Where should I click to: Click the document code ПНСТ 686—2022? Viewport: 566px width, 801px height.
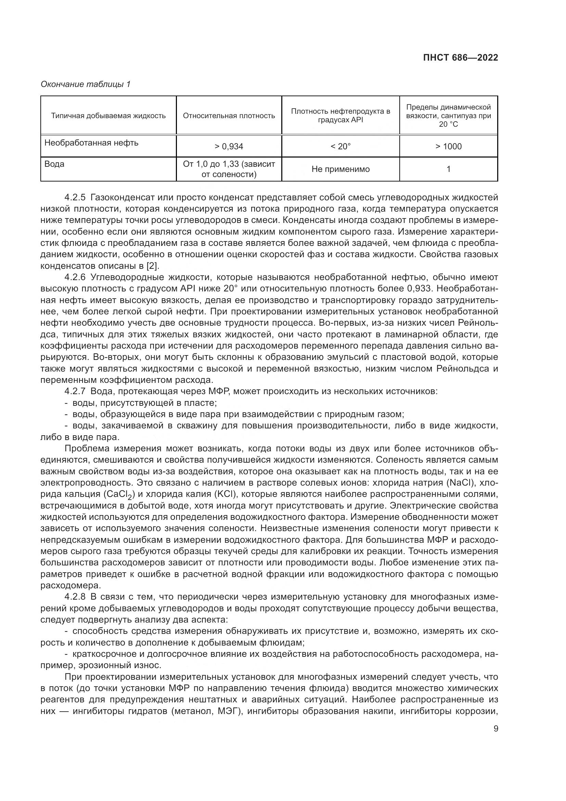tap(460, 58)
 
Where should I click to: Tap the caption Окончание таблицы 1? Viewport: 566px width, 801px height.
tap(86, 84)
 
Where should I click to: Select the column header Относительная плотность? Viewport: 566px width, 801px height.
tap(229, 116)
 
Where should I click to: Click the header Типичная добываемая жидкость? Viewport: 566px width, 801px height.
tap(108, 116)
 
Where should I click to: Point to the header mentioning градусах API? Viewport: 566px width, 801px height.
tap(340, 115)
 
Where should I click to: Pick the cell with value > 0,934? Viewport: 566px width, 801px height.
tap(229, 147)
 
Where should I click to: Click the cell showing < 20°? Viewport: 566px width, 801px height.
tap(340, 147)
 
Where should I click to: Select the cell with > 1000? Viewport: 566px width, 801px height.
tap(448, 147)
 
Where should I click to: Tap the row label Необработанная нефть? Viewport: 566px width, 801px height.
tap(91, 143)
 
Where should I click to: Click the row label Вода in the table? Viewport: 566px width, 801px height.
tap(54, 164)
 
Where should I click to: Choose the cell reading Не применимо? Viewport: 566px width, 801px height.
tap(340, 169)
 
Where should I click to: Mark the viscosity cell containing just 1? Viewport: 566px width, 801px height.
tap(448, 169)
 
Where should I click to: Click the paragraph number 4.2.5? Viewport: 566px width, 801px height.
tap(75, 198)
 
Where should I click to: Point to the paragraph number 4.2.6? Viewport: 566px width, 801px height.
tap(75, 277)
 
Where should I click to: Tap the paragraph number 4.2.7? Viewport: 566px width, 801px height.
tap(75, 391)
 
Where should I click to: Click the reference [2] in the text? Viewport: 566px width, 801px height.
tap(152, 266)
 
